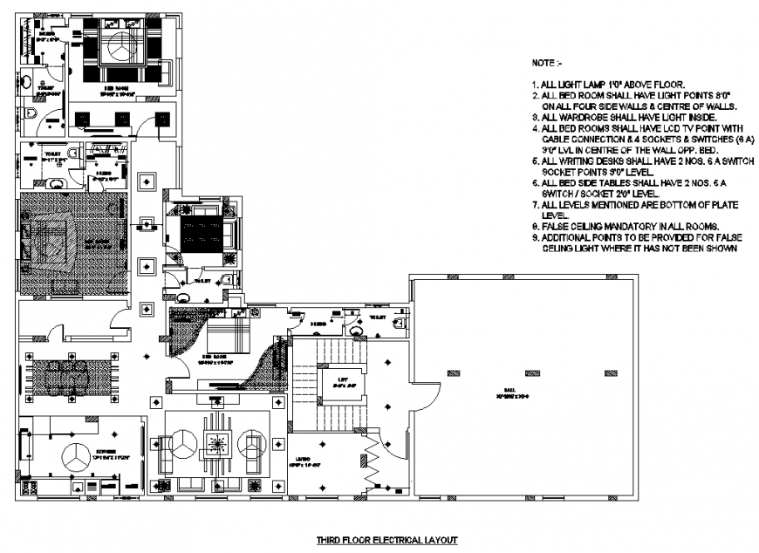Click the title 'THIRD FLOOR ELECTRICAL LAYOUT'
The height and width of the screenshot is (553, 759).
coord(386,541)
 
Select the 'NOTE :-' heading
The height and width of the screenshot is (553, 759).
coord(548,64)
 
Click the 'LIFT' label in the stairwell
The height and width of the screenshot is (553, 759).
coord(332,379)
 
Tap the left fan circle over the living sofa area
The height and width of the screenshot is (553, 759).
coord(182,444)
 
